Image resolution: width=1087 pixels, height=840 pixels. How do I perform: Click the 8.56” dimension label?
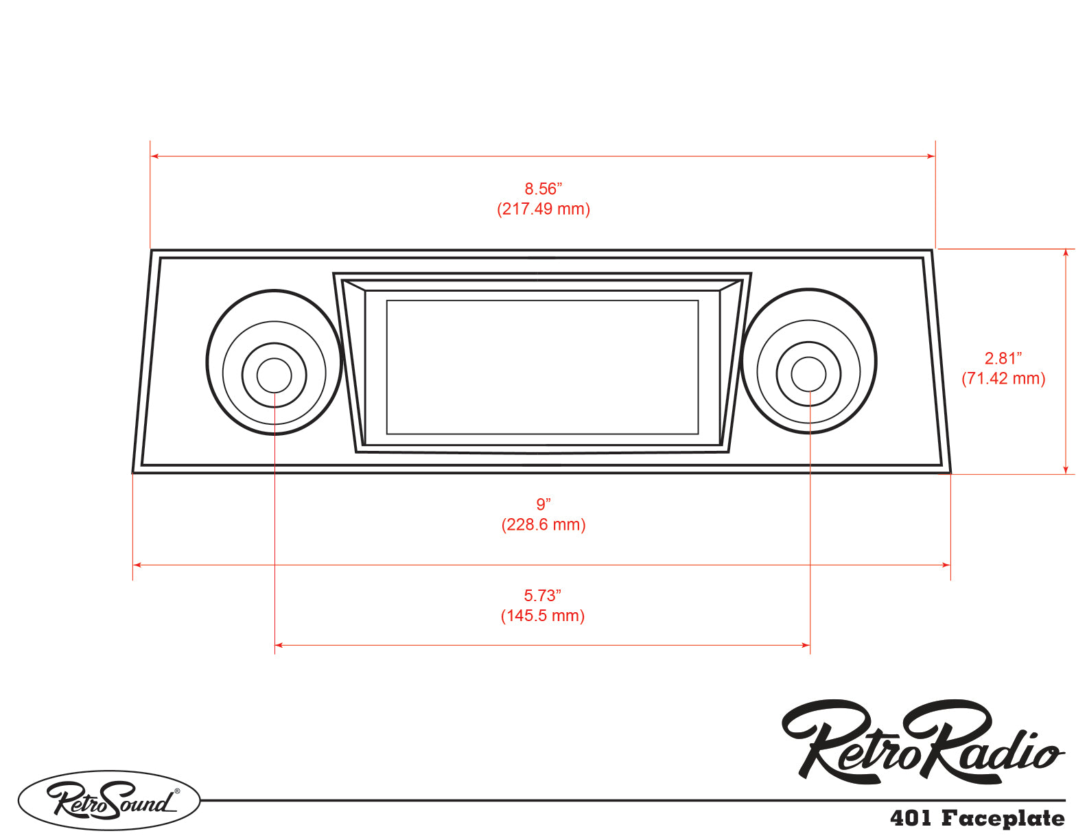(543, 189)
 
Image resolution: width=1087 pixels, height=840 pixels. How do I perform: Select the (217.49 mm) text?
(543, 209)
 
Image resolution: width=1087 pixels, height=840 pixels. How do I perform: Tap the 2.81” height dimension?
(1003, 358)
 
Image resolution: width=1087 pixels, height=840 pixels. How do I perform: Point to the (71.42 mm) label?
(1003, 378)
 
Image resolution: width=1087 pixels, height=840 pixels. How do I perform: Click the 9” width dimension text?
(543, 504)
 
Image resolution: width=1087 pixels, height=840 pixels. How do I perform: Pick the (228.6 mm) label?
(543, 525)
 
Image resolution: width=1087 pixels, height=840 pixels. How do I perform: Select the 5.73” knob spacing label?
(542, 596)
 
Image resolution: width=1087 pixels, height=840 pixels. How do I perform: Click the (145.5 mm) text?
(542, 616)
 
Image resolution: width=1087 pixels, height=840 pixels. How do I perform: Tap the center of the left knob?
(274, 375)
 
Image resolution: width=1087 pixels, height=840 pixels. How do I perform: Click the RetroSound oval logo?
(109, 800)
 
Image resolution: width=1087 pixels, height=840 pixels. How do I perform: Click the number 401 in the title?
(911, 818)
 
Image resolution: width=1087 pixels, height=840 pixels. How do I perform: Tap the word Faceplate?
(1003, 819)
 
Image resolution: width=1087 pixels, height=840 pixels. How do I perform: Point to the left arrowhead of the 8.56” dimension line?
(154, 156)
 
